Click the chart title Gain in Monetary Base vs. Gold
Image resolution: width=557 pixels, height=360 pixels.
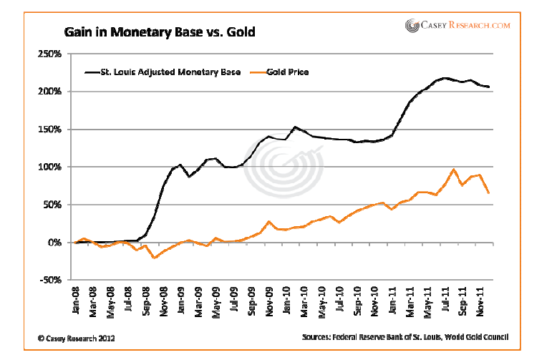pyautogui.click(x=159, y=32)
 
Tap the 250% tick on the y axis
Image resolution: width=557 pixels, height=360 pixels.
pyautogui.click(x=49, y=54)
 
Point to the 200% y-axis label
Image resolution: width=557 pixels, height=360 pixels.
pyautogui.click(x=49, y=92)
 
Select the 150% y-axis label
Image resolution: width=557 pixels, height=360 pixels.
pyautogui.click(x=49, y=130)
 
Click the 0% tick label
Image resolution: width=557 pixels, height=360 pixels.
pyautogui.click(x=54, y=243)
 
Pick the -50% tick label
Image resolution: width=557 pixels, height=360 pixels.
pyautogui.click(x=49, y=281)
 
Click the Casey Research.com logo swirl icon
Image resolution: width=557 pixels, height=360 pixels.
pyautogui.click(x=413, y=26)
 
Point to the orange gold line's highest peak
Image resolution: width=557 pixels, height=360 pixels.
pyautogui.click(x=454, y=170)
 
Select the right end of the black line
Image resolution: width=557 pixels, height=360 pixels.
pyautogui.click(x=490, y=87)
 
